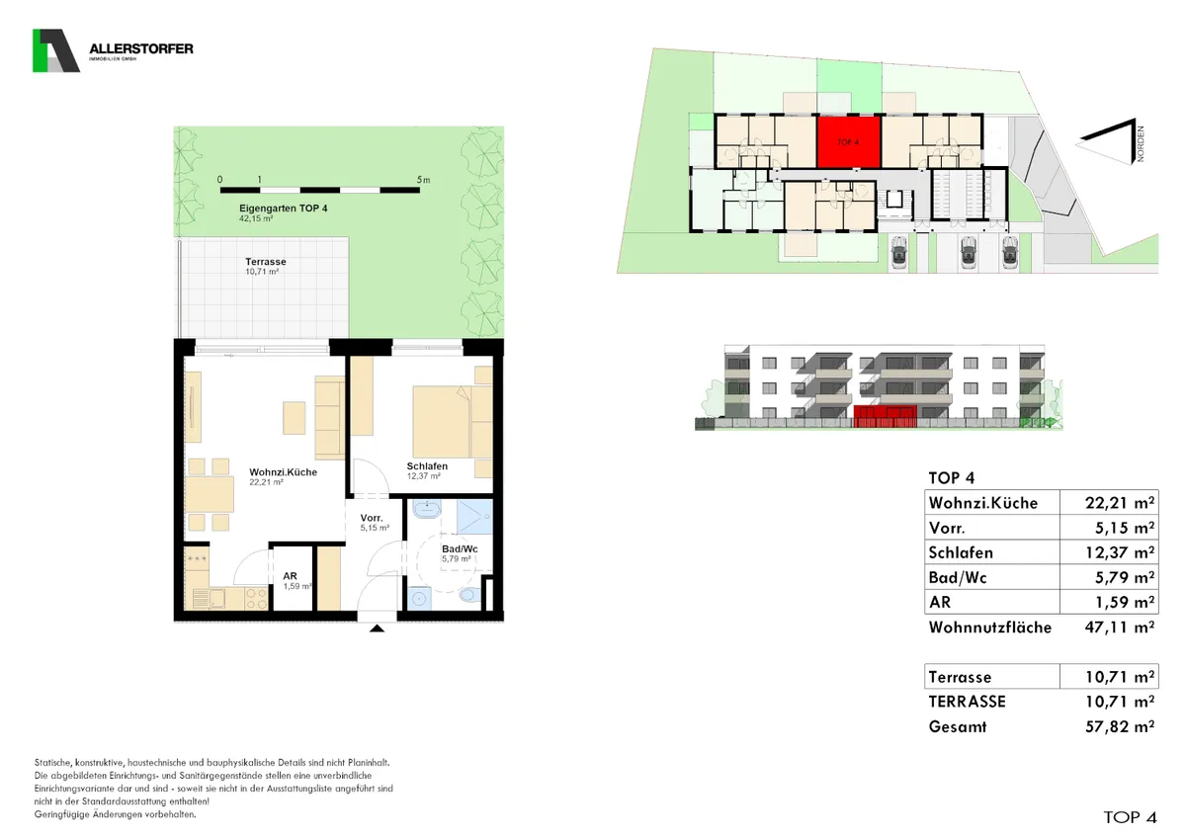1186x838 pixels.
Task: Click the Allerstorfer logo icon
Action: (56, 50)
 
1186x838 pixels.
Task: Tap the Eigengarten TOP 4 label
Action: (284, 209)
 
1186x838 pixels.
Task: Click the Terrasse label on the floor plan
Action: (266, 262)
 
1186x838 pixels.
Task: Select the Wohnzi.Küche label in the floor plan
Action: (284, 472)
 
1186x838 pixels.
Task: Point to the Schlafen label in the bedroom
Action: (427, 466)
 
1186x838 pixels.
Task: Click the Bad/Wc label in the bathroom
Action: (460, 549)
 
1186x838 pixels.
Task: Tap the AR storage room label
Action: (291, 576)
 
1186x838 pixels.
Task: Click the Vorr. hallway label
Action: (372, 518)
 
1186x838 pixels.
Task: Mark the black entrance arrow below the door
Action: (377, 628)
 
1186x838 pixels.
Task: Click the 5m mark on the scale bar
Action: (423, 180)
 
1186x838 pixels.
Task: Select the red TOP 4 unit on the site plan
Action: (849, 142)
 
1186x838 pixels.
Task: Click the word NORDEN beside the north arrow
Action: (1140, 143)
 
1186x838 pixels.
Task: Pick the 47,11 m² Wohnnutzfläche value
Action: (1119, 628)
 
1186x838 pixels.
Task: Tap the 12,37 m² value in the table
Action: (1119, 552)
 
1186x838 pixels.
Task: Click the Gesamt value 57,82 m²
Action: (1119, 727)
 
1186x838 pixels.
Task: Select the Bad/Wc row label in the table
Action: (958, 577)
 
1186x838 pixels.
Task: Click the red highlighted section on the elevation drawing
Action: (885, 416)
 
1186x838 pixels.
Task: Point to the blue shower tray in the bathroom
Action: (475, 516)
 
